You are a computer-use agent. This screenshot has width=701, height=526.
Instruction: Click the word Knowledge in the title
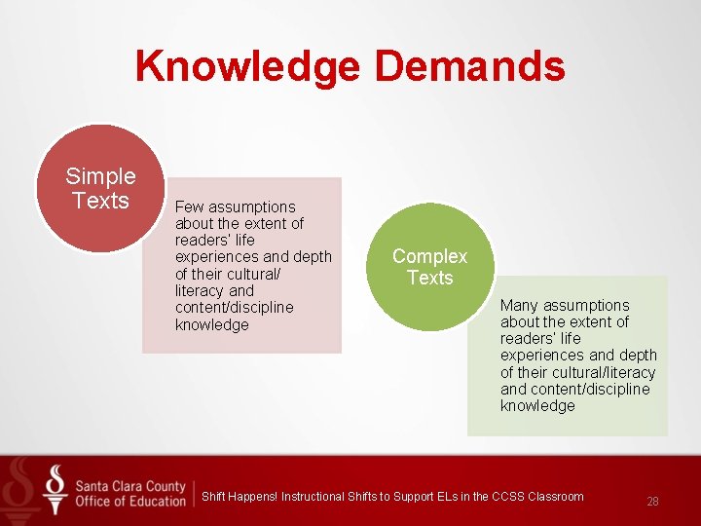(248, 67)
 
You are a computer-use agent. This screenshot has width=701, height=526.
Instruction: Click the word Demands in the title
(469, 67)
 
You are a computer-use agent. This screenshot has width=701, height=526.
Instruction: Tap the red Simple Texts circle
(99, 189)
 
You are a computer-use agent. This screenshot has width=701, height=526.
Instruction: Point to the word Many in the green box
(519, 306)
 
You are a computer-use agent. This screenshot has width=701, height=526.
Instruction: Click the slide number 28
(652, 502)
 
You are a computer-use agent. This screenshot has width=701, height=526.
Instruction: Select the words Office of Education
(129, 501)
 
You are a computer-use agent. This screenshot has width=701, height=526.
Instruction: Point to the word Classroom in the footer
(556, 497)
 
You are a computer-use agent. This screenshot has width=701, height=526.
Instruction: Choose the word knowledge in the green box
(537, 406)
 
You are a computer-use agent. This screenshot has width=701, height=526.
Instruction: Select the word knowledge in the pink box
(212, 325)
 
